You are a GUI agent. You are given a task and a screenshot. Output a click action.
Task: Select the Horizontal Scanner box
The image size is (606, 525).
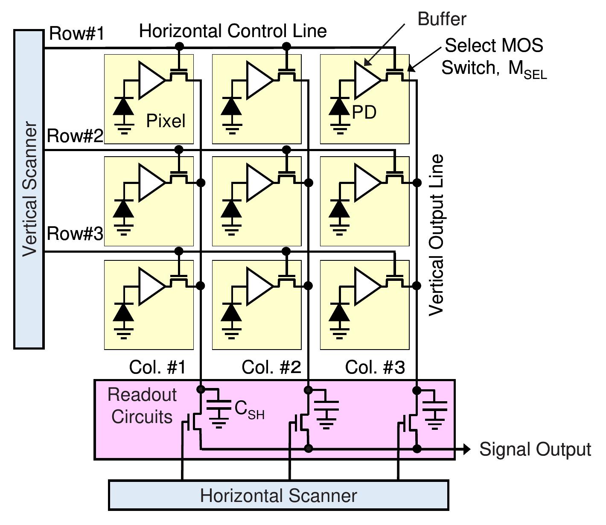tap(278, 496)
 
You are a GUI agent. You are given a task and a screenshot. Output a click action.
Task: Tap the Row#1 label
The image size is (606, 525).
tap(77, 33)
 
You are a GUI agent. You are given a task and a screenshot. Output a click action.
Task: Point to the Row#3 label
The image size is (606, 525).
tap(75, 234)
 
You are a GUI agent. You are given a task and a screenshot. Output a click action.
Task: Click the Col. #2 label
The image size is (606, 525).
tap(271, 367)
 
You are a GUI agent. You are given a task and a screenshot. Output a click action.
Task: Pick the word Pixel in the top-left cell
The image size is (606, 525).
tap(166, 121)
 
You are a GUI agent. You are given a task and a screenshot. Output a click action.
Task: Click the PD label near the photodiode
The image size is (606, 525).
tap(364, 112)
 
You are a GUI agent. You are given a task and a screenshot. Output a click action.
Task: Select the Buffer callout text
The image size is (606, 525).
tap(442, 19)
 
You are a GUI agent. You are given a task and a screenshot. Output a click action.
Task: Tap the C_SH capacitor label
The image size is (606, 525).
tap(249, 410)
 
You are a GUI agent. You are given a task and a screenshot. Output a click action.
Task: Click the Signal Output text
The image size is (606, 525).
tap(535, 449)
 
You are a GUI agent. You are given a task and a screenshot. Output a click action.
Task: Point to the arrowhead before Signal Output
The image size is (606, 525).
tap(467, 449)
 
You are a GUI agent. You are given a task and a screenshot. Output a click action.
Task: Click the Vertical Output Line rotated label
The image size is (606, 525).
tap(436, 235)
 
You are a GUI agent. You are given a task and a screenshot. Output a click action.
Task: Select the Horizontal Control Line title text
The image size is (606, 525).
tap(233, 31)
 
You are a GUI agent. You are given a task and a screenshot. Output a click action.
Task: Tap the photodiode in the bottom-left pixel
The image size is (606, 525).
tap(124, 313)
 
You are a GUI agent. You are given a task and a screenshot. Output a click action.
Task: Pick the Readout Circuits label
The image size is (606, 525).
tap(142, 405)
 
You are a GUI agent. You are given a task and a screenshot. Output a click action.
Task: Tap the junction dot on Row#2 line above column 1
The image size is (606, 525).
tap(179, 149)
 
